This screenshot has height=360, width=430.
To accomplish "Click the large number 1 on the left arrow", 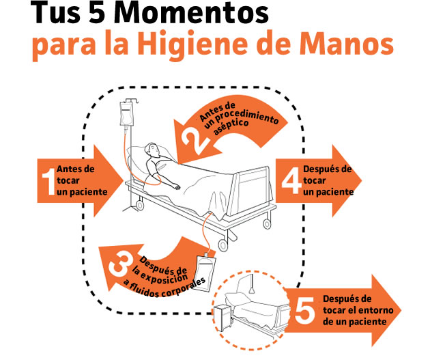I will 48,182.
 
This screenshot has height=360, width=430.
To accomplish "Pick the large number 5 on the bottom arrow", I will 302,310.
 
